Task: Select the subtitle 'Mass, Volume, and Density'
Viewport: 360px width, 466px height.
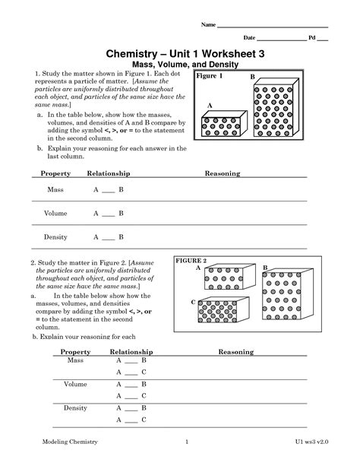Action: click(180, 65)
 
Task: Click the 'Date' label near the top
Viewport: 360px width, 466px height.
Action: click(249, 37)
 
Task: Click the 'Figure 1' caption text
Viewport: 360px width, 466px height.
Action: click(210, 78)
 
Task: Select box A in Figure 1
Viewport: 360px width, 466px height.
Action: click(220, 125)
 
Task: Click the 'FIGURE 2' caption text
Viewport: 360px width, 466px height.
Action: click(191, 261)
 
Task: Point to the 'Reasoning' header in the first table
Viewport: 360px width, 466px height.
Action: click(223, 173)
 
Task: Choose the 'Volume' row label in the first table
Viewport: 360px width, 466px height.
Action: click(55, 214)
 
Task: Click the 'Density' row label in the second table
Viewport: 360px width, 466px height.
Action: click(76, 408)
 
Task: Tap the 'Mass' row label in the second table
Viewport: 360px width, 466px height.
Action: click(76, 360)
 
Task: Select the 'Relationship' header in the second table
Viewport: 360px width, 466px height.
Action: click(131, 352)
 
